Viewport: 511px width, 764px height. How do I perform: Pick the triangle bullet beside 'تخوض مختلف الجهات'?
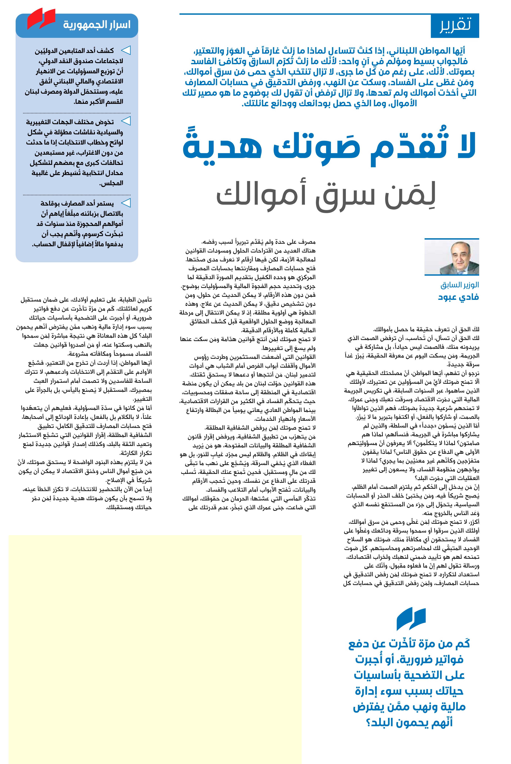tap(126, 122)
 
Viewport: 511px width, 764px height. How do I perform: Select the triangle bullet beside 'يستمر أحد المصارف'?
tap(126, 203)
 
